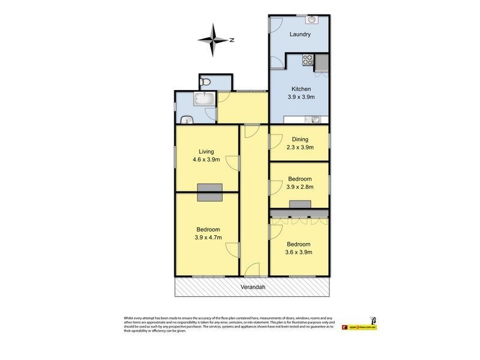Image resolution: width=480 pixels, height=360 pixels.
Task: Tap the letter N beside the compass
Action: click(231, 40)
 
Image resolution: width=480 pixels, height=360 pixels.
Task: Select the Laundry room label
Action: click(300, 34)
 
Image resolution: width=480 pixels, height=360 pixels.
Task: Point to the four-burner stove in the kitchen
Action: click(307, 59)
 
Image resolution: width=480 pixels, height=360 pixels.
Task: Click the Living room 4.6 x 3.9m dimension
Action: click(206, 160)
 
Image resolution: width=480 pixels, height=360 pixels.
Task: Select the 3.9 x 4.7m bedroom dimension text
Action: click(208, 237)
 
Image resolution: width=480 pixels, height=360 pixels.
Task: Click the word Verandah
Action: click(253, 287)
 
